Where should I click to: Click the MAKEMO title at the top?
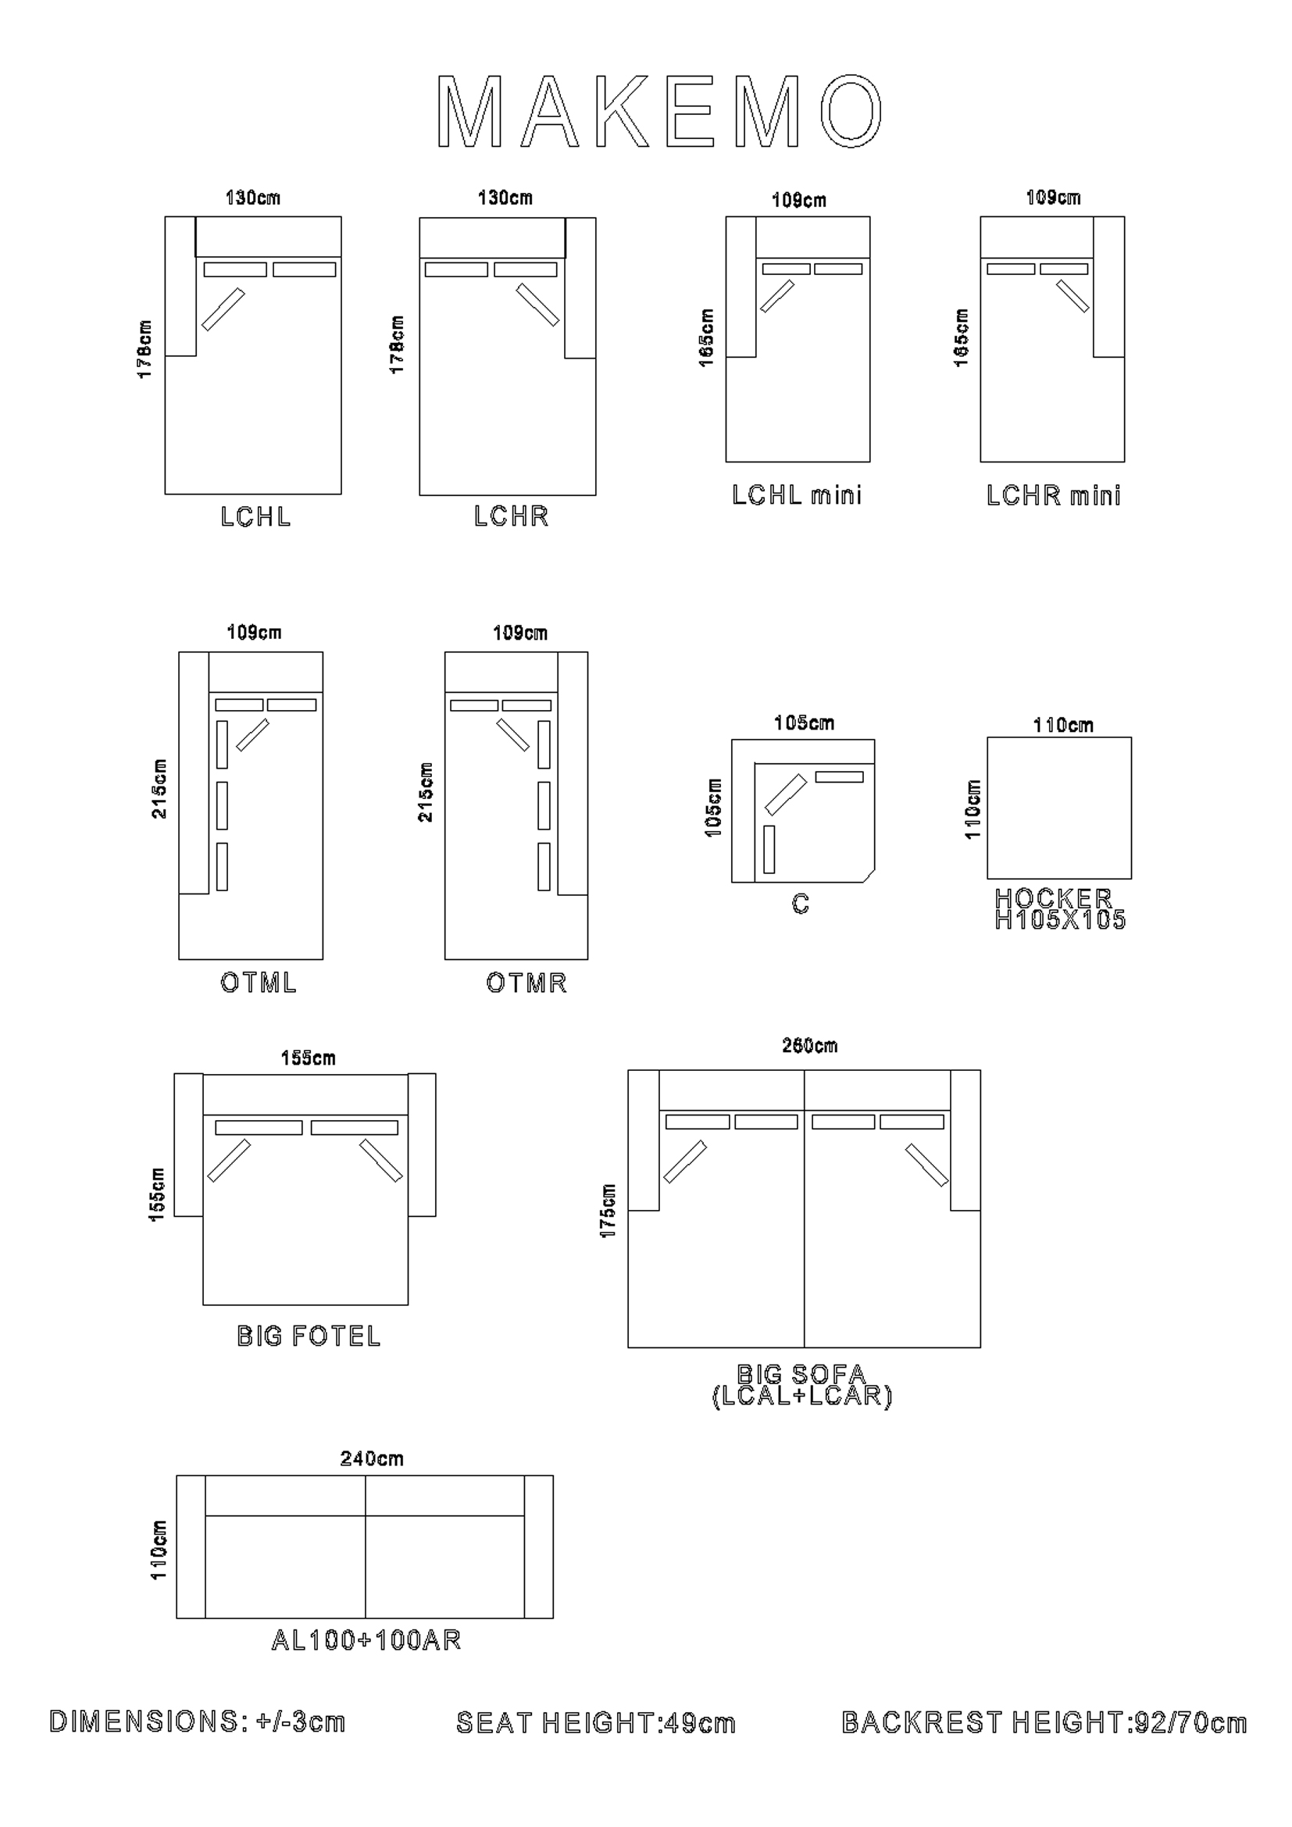659,112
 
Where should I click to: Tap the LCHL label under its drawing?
255,517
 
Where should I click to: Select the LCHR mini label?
1053,496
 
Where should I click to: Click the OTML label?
258,983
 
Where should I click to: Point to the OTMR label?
526,983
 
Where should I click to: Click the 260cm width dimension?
810,1046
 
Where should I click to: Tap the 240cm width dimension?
372,1458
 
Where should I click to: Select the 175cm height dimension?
608,1211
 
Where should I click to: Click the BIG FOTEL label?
309,1336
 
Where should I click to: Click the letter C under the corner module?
801,904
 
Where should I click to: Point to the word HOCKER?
1053,897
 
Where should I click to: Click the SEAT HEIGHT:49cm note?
595,1724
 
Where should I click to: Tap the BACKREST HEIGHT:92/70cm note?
1044,1723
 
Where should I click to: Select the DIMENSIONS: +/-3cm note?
198,1722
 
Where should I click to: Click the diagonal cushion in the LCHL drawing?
223,309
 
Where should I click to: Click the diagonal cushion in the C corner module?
786,795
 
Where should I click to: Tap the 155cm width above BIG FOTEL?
308,1058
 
